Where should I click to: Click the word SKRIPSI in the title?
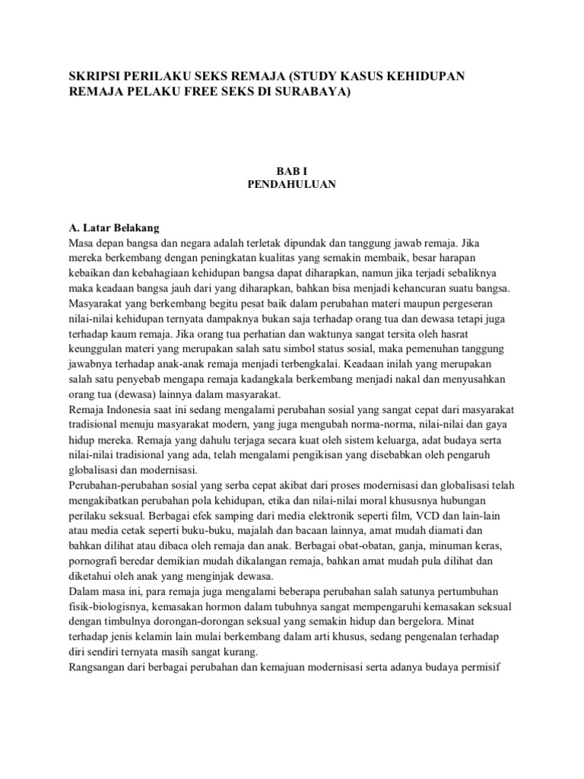(x=94, y=77)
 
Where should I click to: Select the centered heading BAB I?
(x=291, y=173)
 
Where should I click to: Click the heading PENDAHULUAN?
(x=291, y=185)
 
